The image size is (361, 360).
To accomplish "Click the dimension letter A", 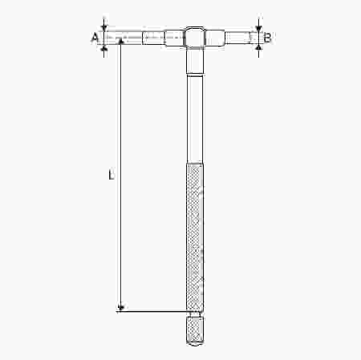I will coord(95,37).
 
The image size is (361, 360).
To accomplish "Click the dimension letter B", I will coord(267,37).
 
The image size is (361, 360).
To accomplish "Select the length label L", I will coord(111,173).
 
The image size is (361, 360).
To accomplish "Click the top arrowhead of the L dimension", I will coord(121,42).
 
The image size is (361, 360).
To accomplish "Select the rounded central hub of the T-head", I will coord(194,37).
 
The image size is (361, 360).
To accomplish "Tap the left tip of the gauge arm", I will coord(107,37).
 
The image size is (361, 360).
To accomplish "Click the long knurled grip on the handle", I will coord(194,237).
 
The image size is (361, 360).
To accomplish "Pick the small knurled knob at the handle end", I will coord(194,330).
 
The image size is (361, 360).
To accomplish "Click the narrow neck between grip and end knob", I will coord(194,314).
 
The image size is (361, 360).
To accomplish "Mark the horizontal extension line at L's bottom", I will coord(152,310).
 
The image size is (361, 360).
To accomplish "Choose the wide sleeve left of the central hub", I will coord(173,37).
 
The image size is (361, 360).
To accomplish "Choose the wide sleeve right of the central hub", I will coord(215,37).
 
